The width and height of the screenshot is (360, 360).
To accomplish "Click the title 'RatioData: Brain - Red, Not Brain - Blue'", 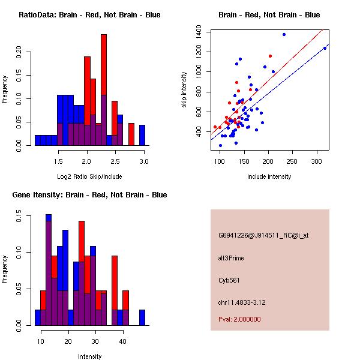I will (x=89, y=15).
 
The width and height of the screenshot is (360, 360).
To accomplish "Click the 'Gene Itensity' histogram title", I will (x=89, y=195).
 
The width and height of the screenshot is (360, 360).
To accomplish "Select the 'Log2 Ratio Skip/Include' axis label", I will (x=89, y=176).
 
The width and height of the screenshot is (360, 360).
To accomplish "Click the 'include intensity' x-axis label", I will (x=269, y=176).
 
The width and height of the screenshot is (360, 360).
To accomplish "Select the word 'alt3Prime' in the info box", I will (x=231, y=259).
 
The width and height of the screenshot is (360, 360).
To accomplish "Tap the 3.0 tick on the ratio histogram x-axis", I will (x=144, y=161).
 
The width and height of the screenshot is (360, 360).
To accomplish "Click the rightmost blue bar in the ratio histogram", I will (x=142, y=135).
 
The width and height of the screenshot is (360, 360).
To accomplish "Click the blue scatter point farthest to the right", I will (x=325, y=48).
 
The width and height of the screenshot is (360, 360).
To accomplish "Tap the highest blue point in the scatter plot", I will (x=284, y=34).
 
